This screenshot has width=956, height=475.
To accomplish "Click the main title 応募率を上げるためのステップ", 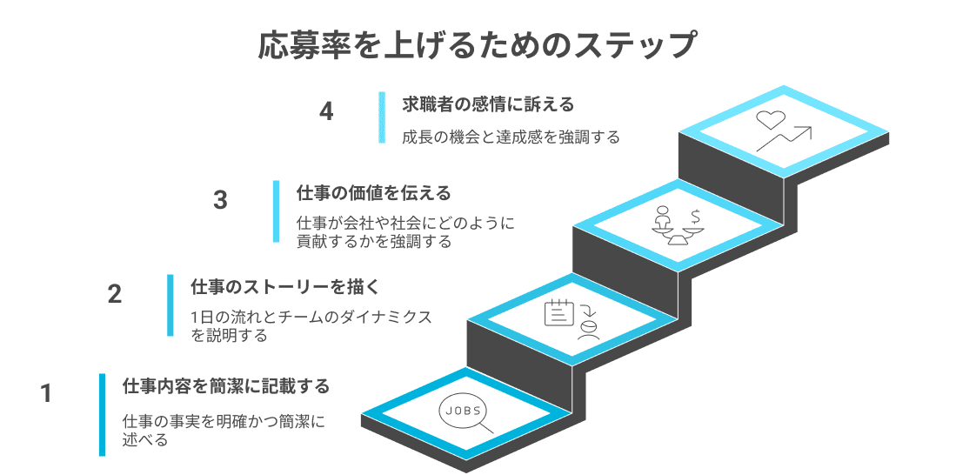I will (478, 45).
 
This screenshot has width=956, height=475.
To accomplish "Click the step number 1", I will (47, 394).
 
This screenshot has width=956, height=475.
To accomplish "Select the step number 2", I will (114, 294).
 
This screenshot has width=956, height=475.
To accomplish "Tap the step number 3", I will (220, 200).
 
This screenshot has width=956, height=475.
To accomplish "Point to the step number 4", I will (326, 112).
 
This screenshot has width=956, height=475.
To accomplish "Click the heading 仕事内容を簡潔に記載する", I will (226, 385).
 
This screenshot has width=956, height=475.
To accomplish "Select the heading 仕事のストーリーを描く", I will (286, 286).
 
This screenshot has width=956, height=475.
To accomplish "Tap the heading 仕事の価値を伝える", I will (374, 192).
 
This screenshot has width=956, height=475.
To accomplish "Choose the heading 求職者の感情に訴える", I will (488, 104).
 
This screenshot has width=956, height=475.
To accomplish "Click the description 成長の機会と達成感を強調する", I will (511, 137).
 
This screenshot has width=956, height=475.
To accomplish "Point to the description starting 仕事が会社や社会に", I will (405, 232).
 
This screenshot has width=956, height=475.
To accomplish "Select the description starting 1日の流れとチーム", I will (311, 325).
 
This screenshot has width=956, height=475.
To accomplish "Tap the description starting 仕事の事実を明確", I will (224, 431).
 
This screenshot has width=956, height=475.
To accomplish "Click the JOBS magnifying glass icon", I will (465, 415).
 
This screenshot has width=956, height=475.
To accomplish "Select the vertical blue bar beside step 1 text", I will (102, 414).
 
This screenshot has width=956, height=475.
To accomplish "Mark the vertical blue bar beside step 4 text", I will (381, 117).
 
